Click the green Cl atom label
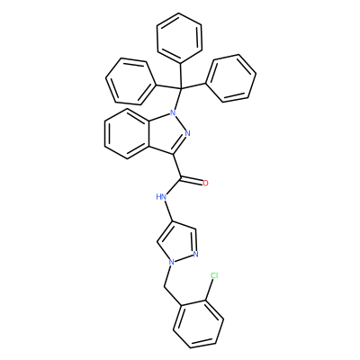(214, 275)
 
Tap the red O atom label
(205, 184)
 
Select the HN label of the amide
(161, 197)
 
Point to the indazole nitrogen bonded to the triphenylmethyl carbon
(172, 112)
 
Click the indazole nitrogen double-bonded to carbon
(188, 133)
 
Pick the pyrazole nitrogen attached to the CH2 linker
(171, 262)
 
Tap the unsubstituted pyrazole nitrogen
(196, 255)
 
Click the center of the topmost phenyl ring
(179, 38)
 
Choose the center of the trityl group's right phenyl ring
(230, 78)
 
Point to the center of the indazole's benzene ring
(127, 133)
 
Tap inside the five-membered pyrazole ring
(179, 243)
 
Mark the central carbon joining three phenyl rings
(181, 88)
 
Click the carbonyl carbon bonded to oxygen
(181, 178)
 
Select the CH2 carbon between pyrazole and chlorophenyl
(164, 287)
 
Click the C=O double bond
(192, 181)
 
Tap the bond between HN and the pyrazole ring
(169, 211)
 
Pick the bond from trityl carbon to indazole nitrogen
(177, 99)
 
